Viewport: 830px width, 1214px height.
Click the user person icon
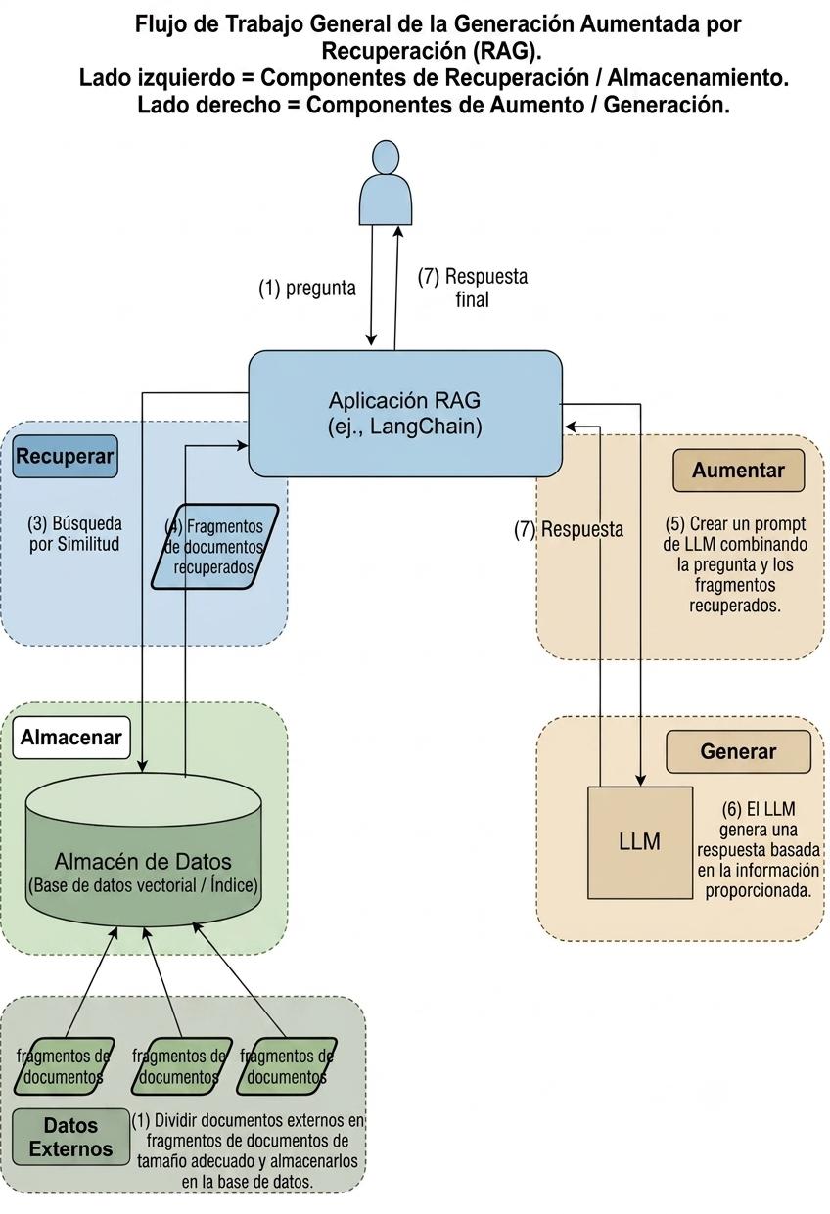point(386,182)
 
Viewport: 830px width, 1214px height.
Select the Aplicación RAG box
point(405,414)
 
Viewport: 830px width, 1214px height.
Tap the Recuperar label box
point(65,456)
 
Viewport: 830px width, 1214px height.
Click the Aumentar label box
point(738,470)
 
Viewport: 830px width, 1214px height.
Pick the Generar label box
point(738,751)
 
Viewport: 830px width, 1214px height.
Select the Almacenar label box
point(71,737)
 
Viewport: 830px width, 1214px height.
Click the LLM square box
point(640,842)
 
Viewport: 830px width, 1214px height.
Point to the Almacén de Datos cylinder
point(143,850)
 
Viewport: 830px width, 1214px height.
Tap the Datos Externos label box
point(71,1137)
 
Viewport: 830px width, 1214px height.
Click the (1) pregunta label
point(307,288)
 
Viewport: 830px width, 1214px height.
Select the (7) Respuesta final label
point(472,288)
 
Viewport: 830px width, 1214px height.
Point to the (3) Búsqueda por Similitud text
point(74,534)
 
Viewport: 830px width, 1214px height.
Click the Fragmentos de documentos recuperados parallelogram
point(214,546)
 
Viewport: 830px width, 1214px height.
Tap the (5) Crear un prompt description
point(735,564)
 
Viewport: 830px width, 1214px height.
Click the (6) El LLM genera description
point(758,849)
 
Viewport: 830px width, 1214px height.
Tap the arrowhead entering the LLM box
point(640,781)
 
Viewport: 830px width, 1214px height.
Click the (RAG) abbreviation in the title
point(507,51)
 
